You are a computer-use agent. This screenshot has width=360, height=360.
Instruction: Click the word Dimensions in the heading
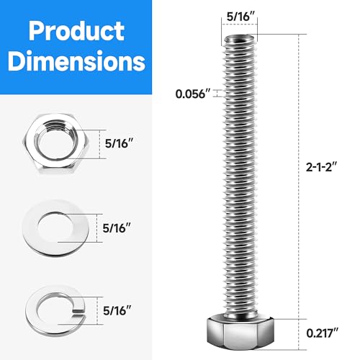(75, 63)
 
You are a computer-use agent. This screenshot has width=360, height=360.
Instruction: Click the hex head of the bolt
(236, 332)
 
